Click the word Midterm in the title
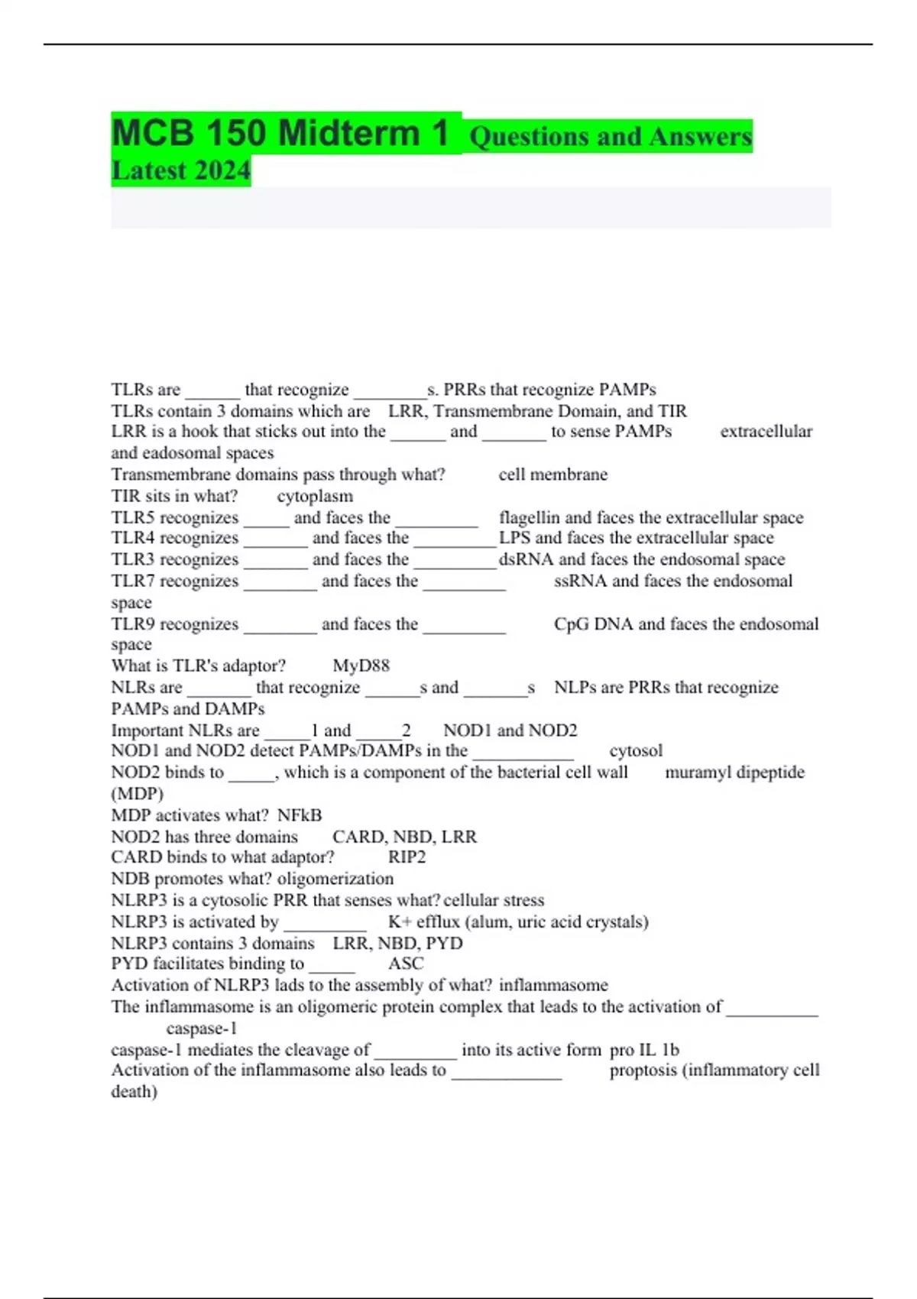348,133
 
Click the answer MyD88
361,666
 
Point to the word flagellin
530,518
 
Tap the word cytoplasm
315,497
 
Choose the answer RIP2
407,857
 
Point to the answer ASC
405,964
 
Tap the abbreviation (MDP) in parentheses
138,794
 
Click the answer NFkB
300,815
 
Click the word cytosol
636,751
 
